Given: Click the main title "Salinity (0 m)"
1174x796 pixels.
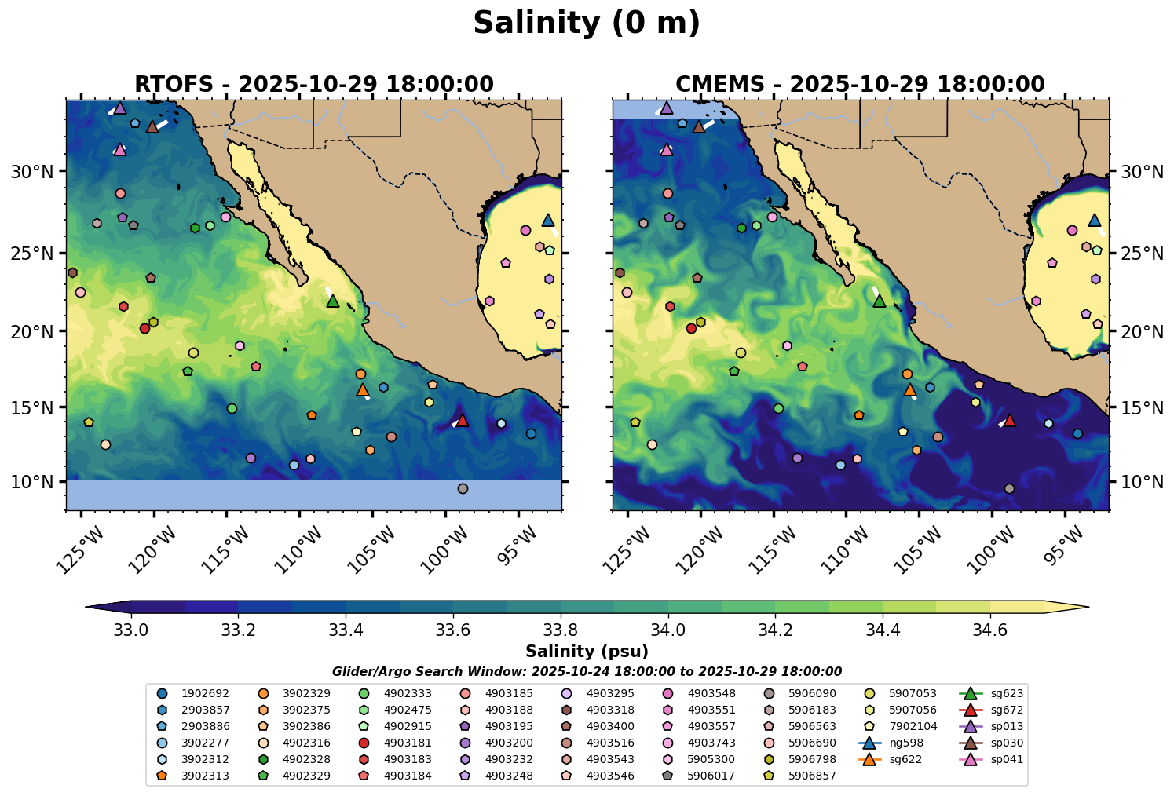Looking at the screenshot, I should pos(587,24).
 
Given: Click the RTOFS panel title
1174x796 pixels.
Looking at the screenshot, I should pos(314,84).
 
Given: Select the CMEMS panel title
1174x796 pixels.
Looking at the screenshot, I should pos(860,84).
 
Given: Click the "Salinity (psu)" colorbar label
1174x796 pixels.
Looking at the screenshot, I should pos(587,652).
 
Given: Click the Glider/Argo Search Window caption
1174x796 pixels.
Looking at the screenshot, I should pos(587,672).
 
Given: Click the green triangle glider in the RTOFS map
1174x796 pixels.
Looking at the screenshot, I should pos(332,301).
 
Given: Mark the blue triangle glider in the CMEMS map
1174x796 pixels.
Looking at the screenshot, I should pos(1095,221).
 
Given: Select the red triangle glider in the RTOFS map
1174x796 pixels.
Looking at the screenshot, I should pos(462,420).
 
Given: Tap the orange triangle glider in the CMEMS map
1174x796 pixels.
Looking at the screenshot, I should pos(909,389).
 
